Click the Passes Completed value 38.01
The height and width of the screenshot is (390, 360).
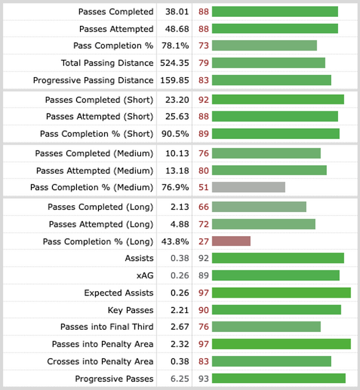tap(174, 11)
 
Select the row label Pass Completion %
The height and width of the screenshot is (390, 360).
tap(113, 46)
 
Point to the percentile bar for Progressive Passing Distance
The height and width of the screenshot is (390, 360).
tap(272, 80)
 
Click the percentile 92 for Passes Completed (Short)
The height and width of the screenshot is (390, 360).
tap(204, 99)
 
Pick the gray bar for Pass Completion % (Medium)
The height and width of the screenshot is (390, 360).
tap(249, 187)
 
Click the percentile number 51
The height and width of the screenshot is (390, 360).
tap(204, 187)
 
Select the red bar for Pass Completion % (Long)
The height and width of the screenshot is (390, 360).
tap(231, 241)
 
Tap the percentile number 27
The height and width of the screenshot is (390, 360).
tap(204, 241)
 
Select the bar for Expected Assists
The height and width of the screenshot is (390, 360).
tap(281, 293)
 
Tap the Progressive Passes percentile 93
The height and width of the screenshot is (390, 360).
tap(204, 379)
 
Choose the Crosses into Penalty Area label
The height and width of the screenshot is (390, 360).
tap(100, 361)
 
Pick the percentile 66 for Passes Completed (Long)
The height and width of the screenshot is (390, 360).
tap(204, 207)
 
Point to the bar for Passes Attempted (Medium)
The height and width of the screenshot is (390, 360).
tap(269, 170)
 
